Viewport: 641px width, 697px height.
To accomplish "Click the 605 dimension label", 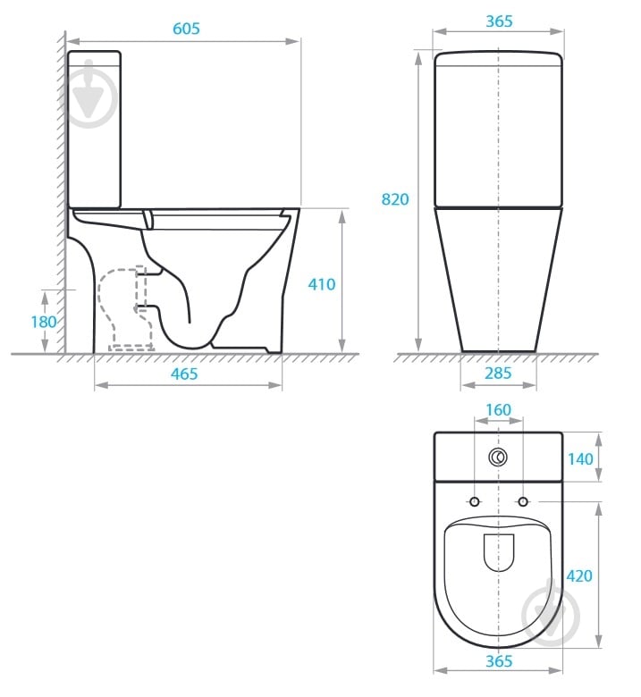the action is click(186, 29).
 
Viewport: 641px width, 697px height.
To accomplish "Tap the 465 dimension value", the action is click(184, 374).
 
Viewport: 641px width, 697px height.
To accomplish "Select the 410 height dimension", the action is click(322, 284).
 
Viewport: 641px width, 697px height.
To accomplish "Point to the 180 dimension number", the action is click(44, 322).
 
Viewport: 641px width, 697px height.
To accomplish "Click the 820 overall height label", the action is click(395, 199).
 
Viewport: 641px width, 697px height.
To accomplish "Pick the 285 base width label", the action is click(498, 373).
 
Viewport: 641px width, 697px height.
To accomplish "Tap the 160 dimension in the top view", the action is click(499, 409).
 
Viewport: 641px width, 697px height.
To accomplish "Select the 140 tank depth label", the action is click(580, 458).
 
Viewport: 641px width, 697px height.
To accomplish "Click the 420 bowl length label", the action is click(579, 575).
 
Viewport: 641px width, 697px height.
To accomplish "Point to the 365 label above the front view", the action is click(499, 21).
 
